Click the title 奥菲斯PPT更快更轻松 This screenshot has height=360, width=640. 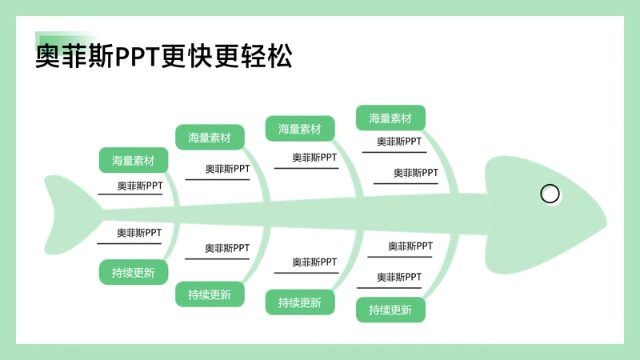click(164, 57)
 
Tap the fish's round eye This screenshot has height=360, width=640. click(550, 194)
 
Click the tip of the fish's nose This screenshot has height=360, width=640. click(604, 218)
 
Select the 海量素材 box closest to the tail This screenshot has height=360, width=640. click(134, 160)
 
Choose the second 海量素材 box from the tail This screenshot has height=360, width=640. click(210, 138)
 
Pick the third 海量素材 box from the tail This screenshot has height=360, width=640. click(300, 129)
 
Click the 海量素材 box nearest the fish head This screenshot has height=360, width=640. click(390, 118)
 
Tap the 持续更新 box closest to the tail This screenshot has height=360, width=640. click(134, 272)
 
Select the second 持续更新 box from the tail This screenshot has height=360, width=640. click(210, 294)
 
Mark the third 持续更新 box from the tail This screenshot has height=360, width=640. click(300, 302)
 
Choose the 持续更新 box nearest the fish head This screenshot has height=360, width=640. click(390, 310)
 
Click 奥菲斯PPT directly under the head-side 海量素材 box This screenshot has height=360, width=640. click(400, 142)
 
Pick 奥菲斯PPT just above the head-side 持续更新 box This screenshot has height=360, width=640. click(400, 277)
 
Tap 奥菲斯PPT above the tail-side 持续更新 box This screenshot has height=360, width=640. click(139, 233)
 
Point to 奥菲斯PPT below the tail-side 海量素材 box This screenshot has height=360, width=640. click(140, 186)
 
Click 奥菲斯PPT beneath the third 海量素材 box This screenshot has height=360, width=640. click(314, 158)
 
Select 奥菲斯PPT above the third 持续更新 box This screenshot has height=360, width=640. click(314, 262)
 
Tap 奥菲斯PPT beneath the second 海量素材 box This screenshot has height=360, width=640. click(227, 169)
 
